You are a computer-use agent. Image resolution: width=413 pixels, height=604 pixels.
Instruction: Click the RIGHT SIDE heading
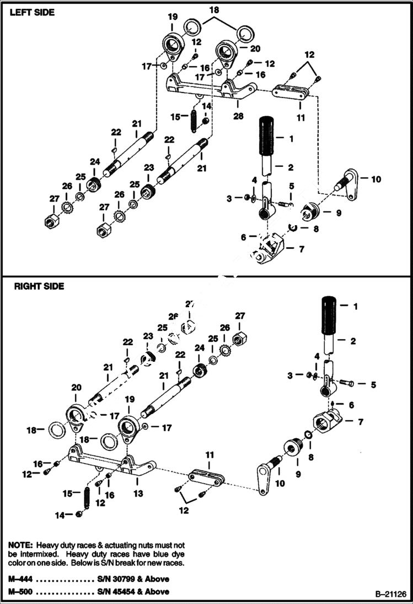tap(39, 286)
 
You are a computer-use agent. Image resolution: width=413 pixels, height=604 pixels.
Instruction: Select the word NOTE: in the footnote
tap(21, 544)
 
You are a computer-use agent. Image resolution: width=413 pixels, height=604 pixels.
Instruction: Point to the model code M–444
tap(22, 579)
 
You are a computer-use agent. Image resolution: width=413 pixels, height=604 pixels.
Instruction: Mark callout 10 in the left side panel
tap(376, 179)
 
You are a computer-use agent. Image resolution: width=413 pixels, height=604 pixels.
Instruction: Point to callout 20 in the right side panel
tap(76, 388)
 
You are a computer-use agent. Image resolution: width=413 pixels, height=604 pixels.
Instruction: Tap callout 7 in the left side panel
tap(301, 249)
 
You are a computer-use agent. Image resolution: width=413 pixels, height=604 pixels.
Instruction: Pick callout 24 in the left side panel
tap(95, 162)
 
